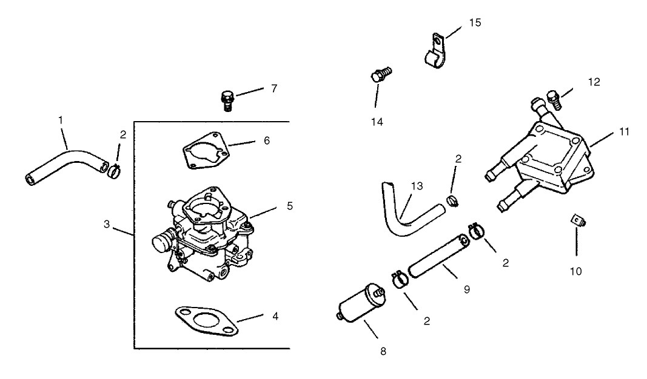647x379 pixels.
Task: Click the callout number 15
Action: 475,22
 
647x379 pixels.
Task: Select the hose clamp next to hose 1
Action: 115,171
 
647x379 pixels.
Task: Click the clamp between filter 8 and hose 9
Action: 399,279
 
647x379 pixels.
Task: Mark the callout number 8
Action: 383,351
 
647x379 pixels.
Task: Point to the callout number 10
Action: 575,271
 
